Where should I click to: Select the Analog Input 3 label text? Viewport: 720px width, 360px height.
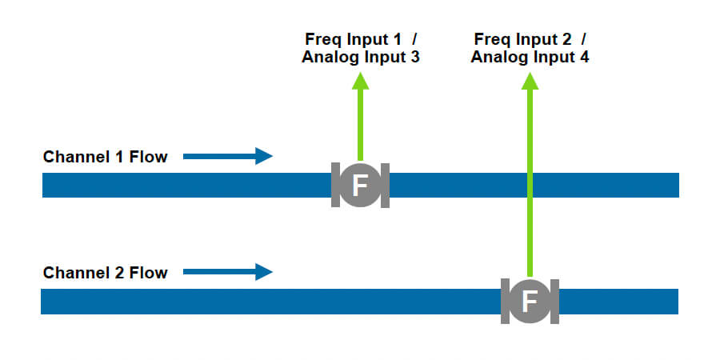361,57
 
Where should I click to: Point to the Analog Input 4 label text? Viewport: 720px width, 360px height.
530,57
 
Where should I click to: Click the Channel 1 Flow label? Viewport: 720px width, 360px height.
106,157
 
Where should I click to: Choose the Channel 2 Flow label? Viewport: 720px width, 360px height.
106,273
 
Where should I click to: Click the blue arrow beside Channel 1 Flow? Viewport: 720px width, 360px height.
228,156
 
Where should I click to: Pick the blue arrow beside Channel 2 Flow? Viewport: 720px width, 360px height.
228,272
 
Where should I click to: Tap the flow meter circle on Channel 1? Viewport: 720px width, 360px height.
360,186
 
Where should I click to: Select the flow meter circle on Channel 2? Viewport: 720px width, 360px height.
530,302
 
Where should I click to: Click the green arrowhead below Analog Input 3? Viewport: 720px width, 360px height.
360,80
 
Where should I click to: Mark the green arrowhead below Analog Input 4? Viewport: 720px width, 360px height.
529,80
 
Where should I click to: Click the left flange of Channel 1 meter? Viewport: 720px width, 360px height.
335,186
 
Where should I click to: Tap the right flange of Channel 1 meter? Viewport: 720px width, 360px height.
385,186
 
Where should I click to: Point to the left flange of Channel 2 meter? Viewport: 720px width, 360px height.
505,302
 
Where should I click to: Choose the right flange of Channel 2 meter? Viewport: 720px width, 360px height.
554,302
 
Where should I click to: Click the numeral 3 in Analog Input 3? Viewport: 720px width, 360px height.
415,57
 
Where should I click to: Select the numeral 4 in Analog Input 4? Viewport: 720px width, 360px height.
585,57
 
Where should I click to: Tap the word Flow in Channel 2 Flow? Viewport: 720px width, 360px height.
150,273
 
